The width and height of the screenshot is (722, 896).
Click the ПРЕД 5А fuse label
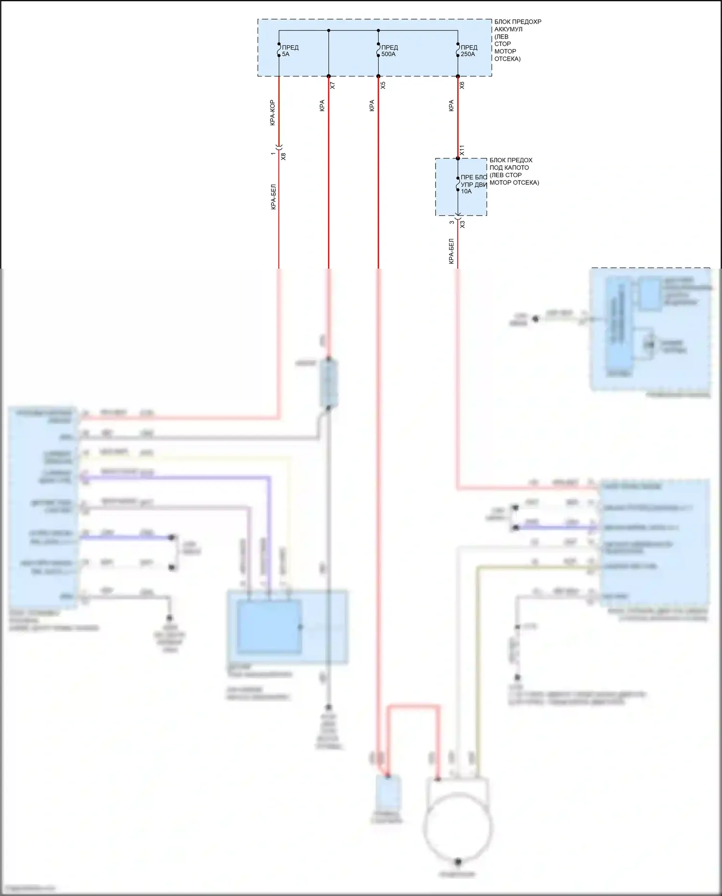(290, 51)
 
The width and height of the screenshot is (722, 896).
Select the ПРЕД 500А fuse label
(389, 51)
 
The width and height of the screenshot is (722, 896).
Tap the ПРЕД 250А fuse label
(469, 51)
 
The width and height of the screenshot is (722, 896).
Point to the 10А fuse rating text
(466, 192)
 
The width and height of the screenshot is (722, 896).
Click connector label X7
(333, 85)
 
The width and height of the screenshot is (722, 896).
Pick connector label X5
(383, 85)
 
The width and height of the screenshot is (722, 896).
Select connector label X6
(462, 85)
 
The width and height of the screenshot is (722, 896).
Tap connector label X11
(462, 150)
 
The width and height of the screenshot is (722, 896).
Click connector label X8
(284, 156)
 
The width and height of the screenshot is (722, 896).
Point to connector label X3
(463, 224)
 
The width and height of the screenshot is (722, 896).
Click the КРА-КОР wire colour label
(272, 113)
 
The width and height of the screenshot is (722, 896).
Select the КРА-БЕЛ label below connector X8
(273, 197)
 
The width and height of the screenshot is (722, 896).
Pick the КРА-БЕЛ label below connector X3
(451, 251)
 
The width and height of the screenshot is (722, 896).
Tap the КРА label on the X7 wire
(322, 106)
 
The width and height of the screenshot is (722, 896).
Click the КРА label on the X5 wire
(372, 106)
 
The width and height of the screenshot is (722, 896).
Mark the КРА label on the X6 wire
(451, 106)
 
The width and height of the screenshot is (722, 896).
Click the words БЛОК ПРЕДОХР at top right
(517, 22)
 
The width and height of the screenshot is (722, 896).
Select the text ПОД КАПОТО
(509, 168)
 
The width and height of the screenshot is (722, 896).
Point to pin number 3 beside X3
(451, 222)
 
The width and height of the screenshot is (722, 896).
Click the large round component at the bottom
(458, 826)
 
